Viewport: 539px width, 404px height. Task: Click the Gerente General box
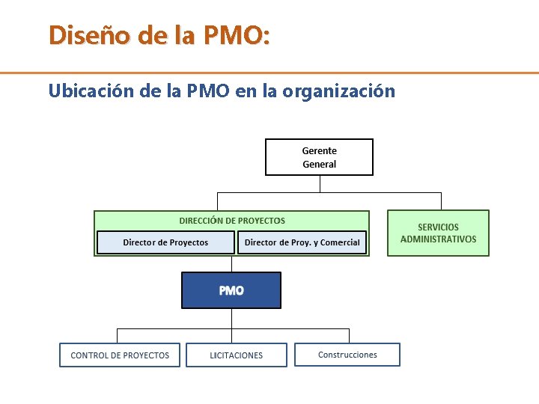click(319, 157)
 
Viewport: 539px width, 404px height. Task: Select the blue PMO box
click(231, 290)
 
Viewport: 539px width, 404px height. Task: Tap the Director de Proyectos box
click(165, 242)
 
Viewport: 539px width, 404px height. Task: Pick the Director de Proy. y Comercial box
click(302, 242)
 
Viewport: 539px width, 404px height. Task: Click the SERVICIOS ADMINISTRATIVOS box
click(438, 233)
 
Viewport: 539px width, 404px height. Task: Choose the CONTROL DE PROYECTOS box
click(120, 355)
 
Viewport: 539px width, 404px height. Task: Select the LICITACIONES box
click(236, 355)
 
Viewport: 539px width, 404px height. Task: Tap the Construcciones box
click(347, 355)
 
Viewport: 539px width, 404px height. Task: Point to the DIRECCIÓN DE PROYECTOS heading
click(232, 221)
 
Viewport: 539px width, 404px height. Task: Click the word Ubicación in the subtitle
click(88, 91)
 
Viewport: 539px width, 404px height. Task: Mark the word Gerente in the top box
click(319, 151)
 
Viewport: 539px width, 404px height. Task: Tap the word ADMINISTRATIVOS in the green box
click(438, 239)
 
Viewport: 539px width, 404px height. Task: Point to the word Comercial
click(340, 242)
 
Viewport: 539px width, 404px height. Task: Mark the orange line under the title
click(269, 73)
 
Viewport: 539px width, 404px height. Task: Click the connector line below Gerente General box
click(320, 184)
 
